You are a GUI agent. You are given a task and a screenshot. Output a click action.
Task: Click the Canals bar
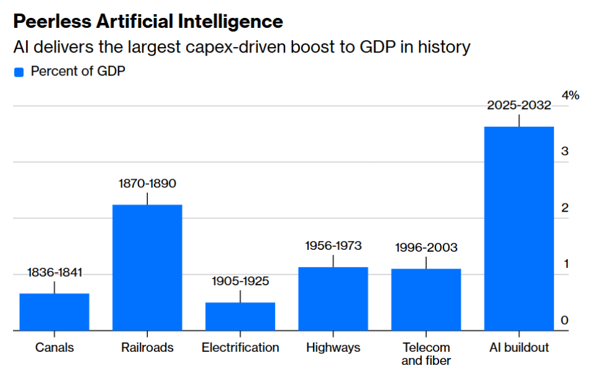[54, 312]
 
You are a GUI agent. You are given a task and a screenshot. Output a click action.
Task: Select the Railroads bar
[147, 267]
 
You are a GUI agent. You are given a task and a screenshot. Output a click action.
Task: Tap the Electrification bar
[241, 316]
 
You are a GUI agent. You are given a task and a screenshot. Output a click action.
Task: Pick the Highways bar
[333, 299]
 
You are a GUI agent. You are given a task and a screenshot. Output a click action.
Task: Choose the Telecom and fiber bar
[426, 299]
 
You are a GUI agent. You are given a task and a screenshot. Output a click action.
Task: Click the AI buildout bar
[519, 228]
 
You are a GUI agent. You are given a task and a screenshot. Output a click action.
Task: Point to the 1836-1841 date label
[54, 272]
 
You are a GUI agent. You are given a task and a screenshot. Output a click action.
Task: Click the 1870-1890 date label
[147, 184]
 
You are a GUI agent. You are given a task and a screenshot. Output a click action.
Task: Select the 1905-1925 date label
[241, 281]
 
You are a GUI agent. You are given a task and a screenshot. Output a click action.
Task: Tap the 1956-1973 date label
[333, 246]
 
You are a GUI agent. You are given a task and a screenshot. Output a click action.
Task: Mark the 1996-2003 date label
[426, 247]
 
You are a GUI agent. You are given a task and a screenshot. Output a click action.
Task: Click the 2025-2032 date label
[519, 105]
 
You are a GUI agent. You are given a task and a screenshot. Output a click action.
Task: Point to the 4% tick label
[570, 95]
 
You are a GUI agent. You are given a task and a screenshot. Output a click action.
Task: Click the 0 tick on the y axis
[565, 320]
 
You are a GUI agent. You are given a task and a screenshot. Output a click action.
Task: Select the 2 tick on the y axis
[565, 208]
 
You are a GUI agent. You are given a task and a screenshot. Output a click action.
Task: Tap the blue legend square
[19, 72]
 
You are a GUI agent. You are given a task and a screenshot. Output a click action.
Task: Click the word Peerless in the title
[53, 22]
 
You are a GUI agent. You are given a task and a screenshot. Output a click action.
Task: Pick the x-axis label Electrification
[241, 348]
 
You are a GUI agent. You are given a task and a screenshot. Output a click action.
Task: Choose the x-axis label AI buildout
[519, 348]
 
